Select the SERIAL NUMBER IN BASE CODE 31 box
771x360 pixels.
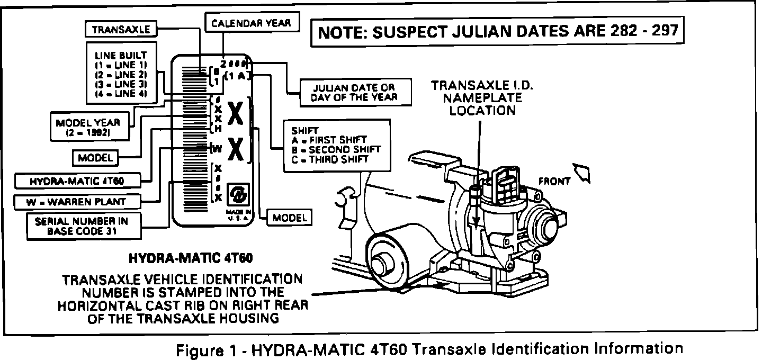coord(77,226)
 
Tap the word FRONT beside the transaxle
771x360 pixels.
coord(554,181)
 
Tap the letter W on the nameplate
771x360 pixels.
coord(217,149)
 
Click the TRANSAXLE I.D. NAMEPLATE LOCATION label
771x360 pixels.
coord(480,98)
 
